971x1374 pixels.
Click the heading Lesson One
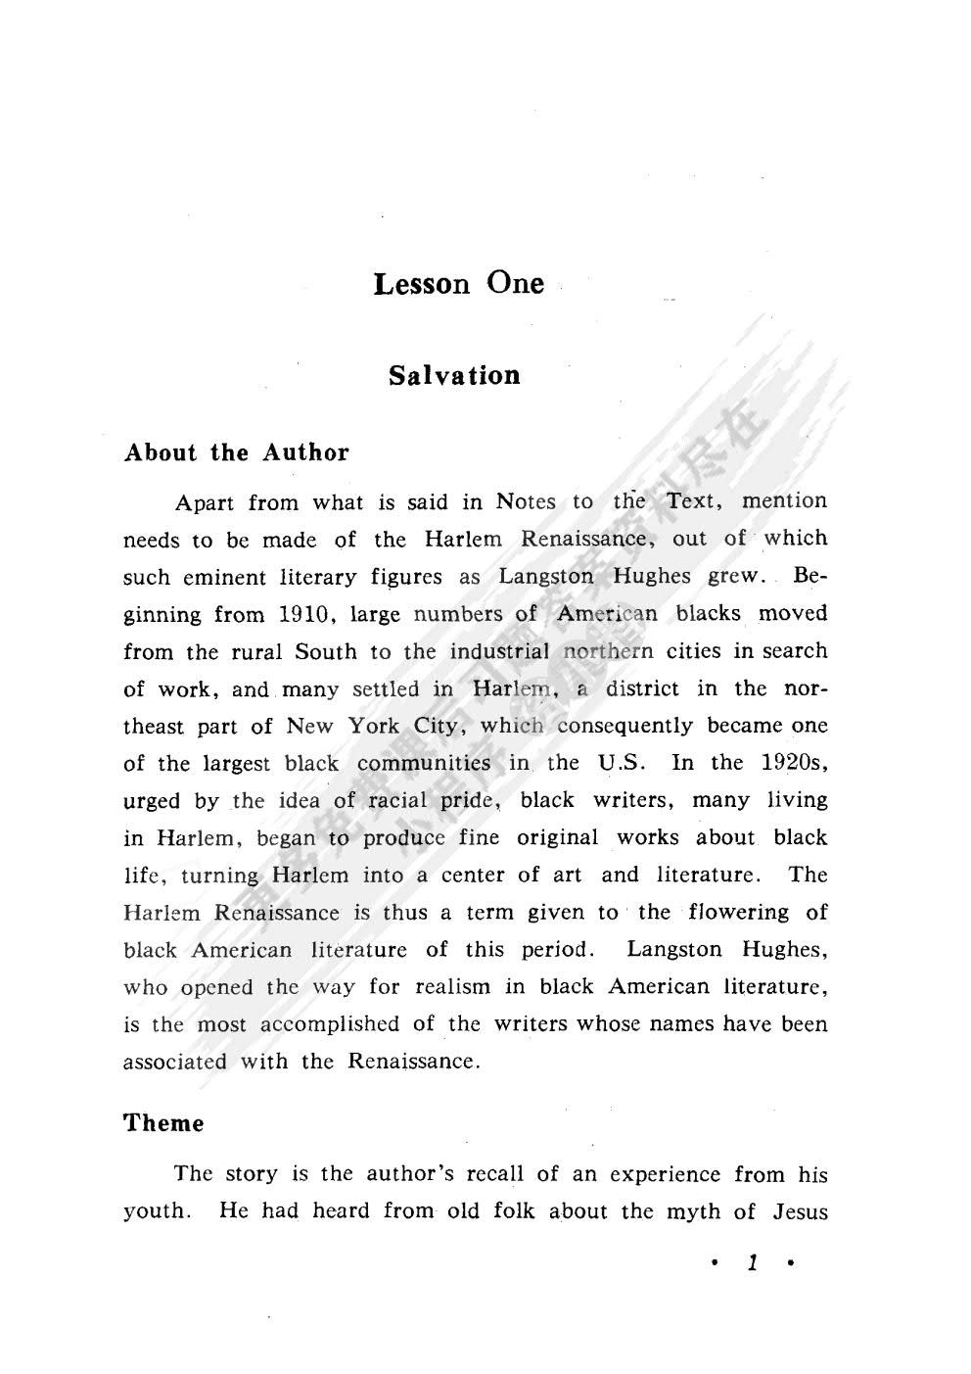click(458, 284)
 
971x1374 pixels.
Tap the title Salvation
click(454, 376)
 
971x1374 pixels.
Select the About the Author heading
click(236, 452)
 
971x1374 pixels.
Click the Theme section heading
click(163, 1123)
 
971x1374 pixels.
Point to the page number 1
click(752, 1263)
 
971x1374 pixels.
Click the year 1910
click(308, 615)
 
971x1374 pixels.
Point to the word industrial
click(499, 651)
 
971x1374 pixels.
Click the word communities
click(424, 763)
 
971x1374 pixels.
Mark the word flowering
click(738, 913)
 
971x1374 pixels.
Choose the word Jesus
click(800, 1211)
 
